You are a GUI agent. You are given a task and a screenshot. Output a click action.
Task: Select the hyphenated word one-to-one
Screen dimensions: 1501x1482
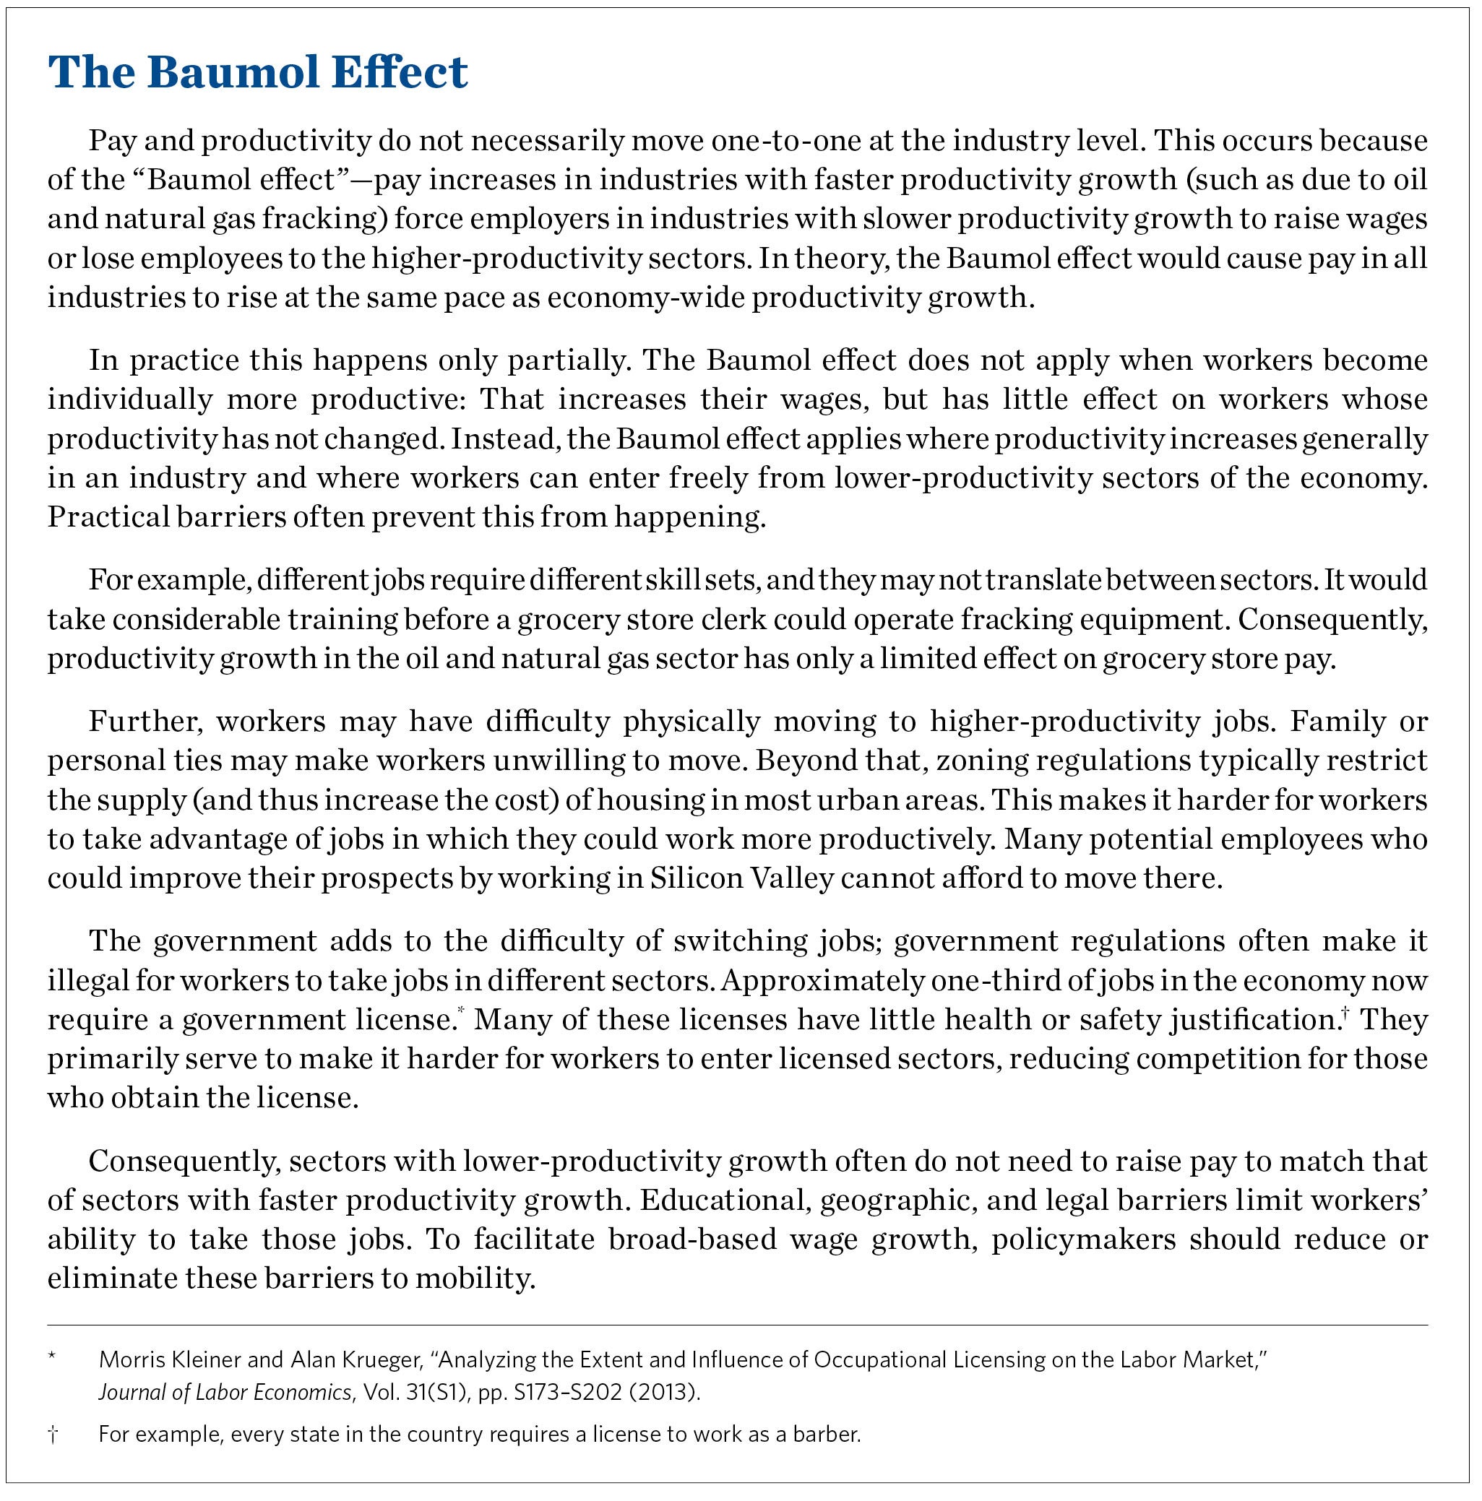(x=782, y=141)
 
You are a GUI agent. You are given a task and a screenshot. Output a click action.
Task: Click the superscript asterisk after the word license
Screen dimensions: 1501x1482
(x=461, y=1010)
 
